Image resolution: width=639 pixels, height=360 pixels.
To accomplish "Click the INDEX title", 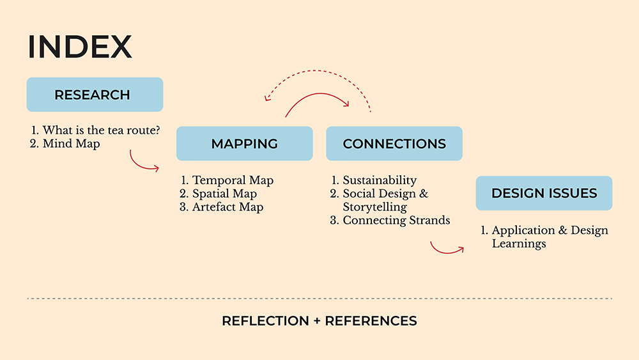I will [80, 47].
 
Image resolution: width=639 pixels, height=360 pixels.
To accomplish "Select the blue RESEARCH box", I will [95, 95].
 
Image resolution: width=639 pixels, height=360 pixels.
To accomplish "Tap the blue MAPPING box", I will [244, 143].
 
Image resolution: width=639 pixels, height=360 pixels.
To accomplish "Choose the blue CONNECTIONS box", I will [394, 143].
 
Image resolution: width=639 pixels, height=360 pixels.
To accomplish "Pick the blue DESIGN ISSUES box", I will [544, 193].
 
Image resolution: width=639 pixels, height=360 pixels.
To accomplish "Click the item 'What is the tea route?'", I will [101, 130].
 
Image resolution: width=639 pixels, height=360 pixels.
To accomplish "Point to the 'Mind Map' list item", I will [71, 144].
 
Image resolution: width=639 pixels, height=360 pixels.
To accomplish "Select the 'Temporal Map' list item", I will [233, 180].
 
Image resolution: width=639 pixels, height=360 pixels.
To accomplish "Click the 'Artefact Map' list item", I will [227, 207].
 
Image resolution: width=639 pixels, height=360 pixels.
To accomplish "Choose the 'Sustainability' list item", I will [380, 180].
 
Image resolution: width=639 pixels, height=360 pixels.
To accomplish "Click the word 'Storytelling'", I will [374, 207].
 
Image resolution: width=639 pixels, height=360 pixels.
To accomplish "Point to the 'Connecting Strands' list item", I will [396, 221].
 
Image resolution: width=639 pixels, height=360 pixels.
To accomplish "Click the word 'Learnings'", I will [519, 244].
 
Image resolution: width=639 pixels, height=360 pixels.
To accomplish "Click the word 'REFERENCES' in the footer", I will [371, 321].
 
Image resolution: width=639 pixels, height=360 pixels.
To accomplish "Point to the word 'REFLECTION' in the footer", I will [265, 321].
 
